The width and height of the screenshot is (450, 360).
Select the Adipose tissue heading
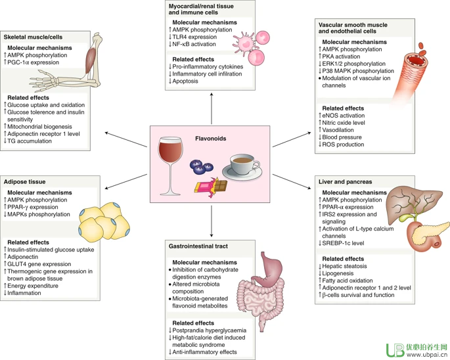pyautogui.click(x=26, y=180)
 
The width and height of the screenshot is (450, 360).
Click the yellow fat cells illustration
pyautogui.click(x=102, y=221)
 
